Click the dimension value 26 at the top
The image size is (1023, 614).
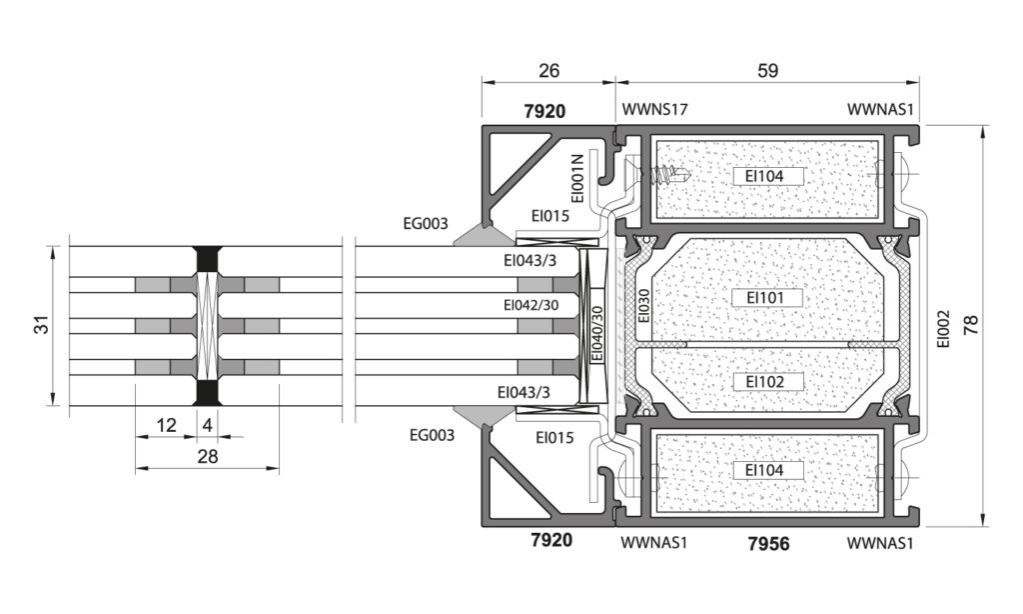[x=548, y=71]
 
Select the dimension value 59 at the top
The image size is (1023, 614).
[x=768, y=71]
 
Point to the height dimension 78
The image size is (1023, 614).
[x=971, y=325]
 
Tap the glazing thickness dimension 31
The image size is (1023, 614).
[x=42, y=325]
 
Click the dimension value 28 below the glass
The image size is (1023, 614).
[x=207, y=456]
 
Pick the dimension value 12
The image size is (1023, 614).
[x=167, y=425]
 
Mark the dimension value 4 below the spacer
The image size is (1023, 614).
[x=208, y=425]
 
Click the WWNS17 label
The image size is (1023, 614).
[x=654, y=109]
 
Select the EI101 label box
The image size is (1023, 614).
[x=765, y=298]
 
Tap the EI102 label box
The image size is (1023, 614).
[x=765, y=381]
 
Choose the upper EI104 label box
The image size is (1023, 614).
[x=765, y=176]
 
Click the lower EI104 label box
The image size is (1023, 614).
[x=765, y=470]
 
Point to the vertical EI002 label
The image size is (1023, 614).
[x=943, y=328]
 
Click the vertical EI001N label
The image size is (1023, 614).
[x=577, y=178]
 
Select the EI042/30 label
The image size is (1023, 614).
[x=531, y=305]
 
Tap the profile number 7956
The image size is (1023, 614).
[x=768, y=543]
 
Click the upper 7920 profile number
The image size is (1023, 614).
[x=544, y=111]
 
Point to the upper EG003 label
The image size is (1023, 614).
[x=426, y=224]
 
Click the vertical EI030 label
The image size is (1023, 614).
[x=644, y=306]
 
